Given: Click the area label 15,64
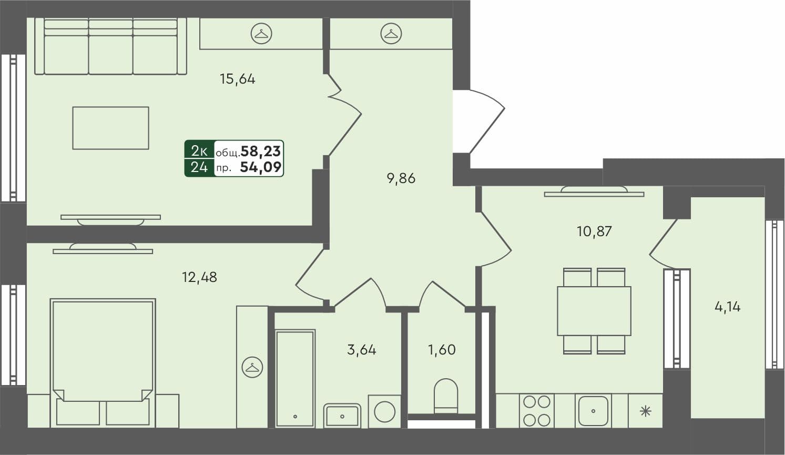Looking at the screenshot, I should [x=237, y=79].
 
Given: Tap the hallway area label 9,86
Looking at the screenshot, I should [x=401, y=179].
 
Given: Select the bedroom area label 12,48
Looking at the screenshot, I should [x=199, y=277].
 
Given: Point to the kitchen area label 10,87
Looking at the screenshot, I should [x=594, y=231].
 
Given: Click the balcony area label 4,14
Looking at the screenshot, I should [x=727, y=307].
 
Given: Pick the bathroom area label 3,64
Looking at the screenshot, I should [x=362, y=350].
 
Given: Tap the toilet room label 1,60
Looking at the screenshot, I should [x=442, y=350].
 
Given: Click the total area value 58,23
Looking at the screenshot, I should [x=261, y=151].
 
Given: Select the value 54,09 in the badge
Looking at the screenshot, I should [x=261, y=168].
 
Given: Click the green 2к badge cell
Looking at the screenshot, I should [x=199, y=151].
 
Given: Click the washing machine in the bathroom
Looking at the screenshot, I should [x=384, y=411].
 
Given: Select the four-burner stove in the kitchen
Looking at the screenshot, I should [x=536, y=410].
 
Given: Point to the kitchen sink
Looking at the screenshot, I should [x=593, y=411].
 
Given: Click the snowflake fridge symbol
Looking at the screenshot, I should [x=645, y=411].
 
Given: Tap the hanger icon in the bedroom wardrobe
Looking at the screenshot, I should [x=252, y=367].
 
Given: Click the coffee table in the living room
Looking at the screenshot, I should [x=110, y=128].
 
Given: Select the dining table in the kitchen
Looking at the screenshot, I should [x=594, y=311].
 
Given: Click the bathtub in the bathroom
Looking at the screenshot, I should [x=295, y=378].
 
